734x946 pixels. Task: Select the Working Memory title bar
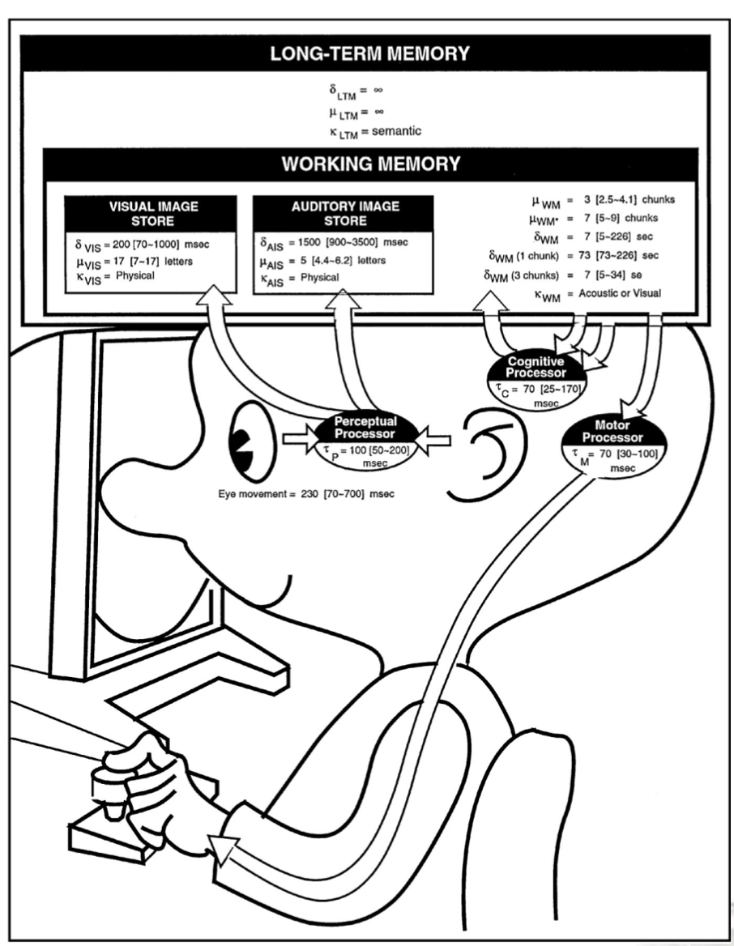(x=370, y=164)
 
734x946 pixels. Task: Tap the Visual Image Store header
(x=153, y=212)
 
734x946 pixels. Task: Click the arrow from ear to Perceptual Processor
(x=437, y=440)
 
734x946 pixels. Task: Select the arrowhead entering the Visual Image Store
(x=216, y=295)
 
